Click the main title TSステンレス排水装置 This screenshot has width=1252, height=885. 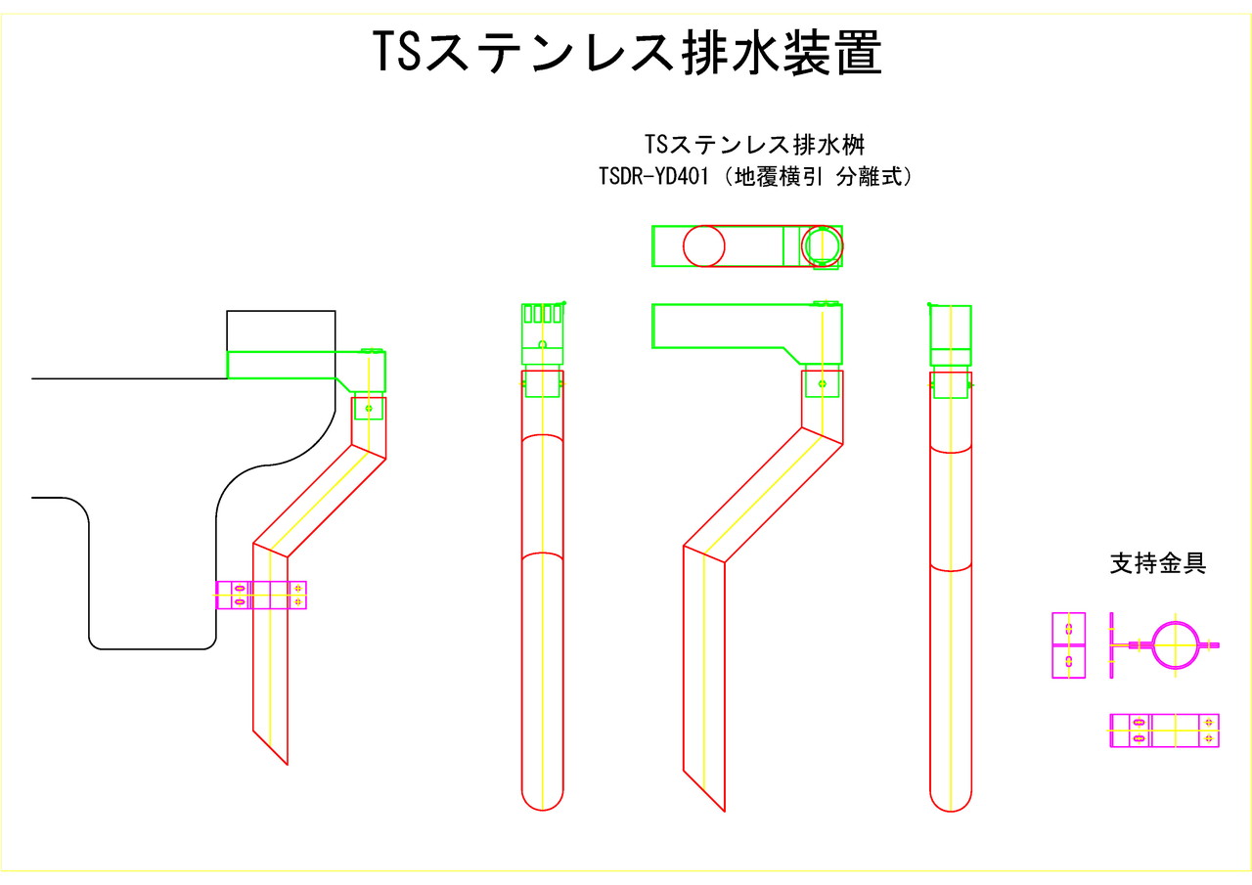(627, 53)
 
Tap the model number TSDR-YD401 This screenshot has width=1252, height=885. (653, 178)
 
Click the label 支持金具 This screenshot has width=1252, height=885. (1158, 563)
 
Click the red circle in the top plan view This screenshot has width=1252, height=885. (704, 245)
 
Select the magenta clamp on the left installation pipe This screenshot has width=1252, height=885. (261, 595)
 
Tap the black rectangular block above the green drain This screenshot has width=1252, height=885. (281, 330)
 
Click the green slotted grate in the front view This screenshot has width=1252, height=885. (543, 314)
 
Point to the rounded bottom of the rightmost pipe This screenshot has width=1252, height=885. (951, 797)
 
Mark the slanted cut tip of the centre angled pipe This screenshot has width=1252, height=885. (715, 797)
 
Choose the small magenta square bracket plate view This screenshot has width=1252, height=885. (1068, 645)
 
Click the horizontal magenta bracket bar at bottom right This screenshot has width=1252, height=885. (1165, 730)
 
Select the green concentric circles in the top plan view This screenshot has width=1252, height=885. (822, 244)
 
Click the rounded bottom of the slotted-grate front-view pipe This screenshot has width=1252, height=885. (543, 797)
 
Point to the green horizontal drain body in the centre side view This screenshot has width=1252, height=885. (724, 327)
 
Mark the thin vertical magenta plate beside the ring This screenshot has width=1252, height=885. (1113, 644)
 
